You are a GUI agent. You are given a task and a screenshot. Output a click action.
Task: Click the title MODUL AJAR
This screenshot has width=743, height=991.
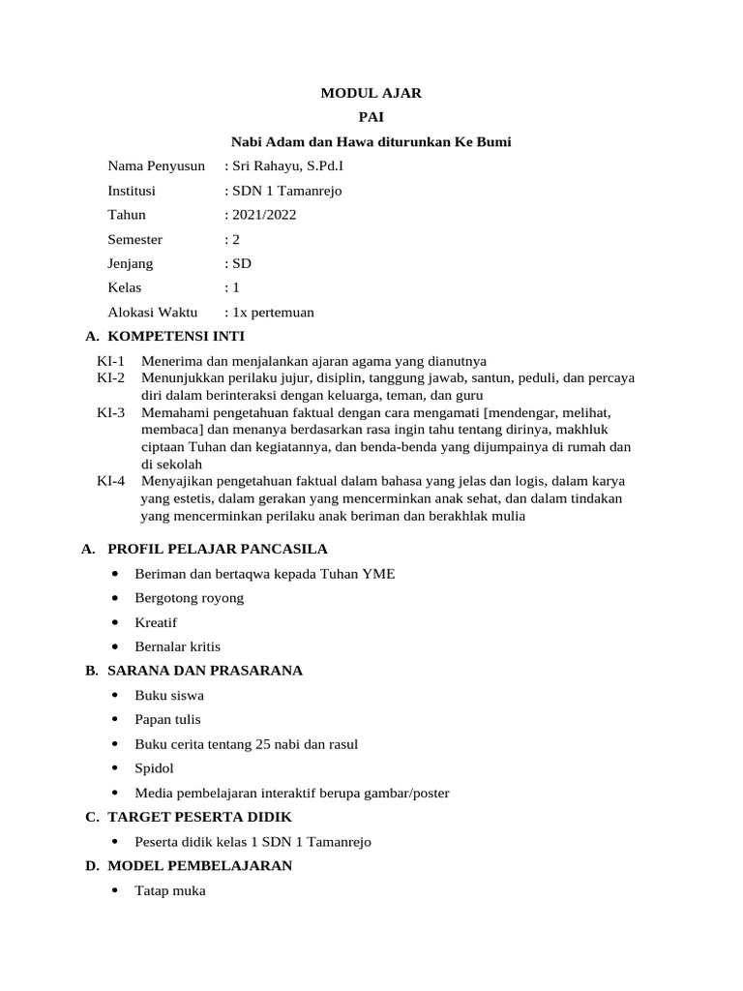coord(371,94)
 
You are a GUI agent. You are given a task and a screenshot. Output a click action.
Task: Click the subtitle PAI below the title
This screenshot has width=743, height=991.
coord(371,118)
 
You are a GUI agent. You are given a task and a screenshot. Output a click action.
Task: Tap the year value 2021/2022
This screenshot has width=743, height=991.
coord(260,215)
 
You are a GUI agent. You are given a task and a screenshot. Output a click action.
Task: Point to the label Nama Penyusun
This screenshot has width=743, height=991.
coord(156,166)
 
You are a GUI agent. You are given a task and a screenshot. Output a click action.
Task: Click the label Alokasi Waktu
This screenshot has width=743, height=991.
coord(152,312)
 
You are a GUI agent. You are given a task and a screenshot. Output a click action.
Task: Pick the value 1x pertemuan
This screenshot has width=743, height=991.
coord(269,312)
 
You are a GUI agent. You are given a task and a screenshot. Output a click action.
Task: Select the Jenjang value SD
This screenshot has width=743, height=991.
coord(238,263)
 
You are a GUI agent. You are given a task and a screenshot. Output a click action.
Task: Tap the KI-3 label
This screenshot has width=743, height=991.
coord(111,412)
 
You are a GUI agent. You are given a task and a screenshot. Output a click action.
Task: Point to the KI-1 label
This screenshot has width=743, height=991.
coord(111,361)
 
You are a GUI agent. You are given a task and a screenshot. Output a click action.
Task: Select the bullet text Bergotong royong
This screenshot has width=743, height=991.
coord(190,598)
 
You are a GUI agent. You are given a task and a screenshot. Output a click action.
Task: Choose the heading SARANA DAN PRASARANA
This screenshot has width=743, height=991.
coord(205,671)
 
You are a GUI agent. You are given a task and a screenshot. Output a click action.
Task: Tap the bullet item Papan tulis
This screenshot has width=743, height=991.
coord(168,719)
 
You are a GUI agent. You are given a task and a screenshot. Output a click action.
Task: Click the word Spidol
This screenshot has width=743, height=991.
coord(156,767)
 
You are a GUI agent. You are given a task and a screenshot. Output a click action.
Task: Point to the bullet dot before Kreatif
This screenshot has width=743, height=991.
coord(115,622)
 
